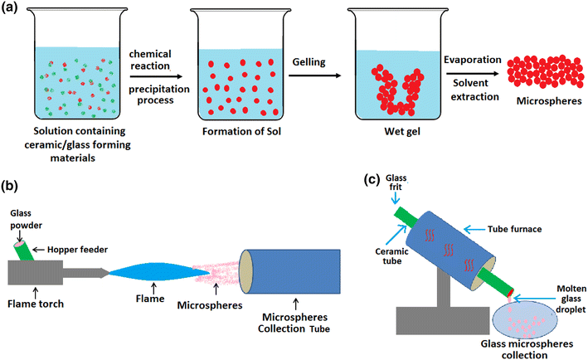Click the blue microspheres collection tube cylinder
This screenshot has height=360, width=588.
pos(290,270)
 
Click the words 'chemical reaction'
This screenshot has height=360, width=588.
pos(153,51)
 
